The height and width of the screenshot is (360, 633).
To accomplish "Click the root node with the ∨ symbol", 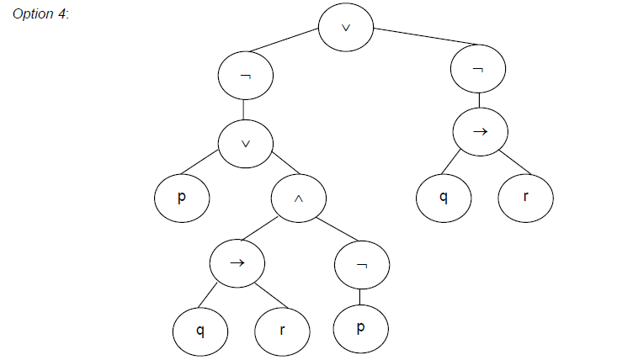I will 346,27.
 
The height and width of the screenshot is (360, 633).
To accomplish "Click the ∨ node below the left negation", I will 245,143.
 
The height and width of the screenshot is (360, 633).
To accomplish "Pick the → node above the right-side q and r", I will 479,132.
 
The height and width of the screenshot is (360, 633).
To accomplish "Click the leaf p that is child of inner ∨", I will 181,199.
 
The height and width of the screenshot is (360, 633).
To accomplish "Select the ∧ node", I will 299,200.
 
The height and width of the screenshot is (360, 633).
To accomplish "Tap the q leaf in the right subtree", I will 444,199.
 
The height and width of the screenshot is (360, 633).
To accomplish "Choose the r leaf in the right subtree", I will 526,199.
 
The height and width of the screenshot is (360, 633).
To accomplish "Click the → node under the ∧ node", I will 237,262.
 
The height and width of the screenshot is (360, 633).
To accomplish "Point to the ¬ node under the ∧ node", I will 362,265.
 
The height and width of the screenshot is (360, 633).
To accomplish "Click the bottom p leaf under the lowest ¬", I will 361,328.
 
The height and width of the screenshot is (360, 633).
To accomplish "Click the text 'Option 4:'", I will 41,18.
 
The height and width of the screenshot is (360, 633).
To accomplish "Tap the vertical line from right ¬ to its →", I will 479,101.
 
